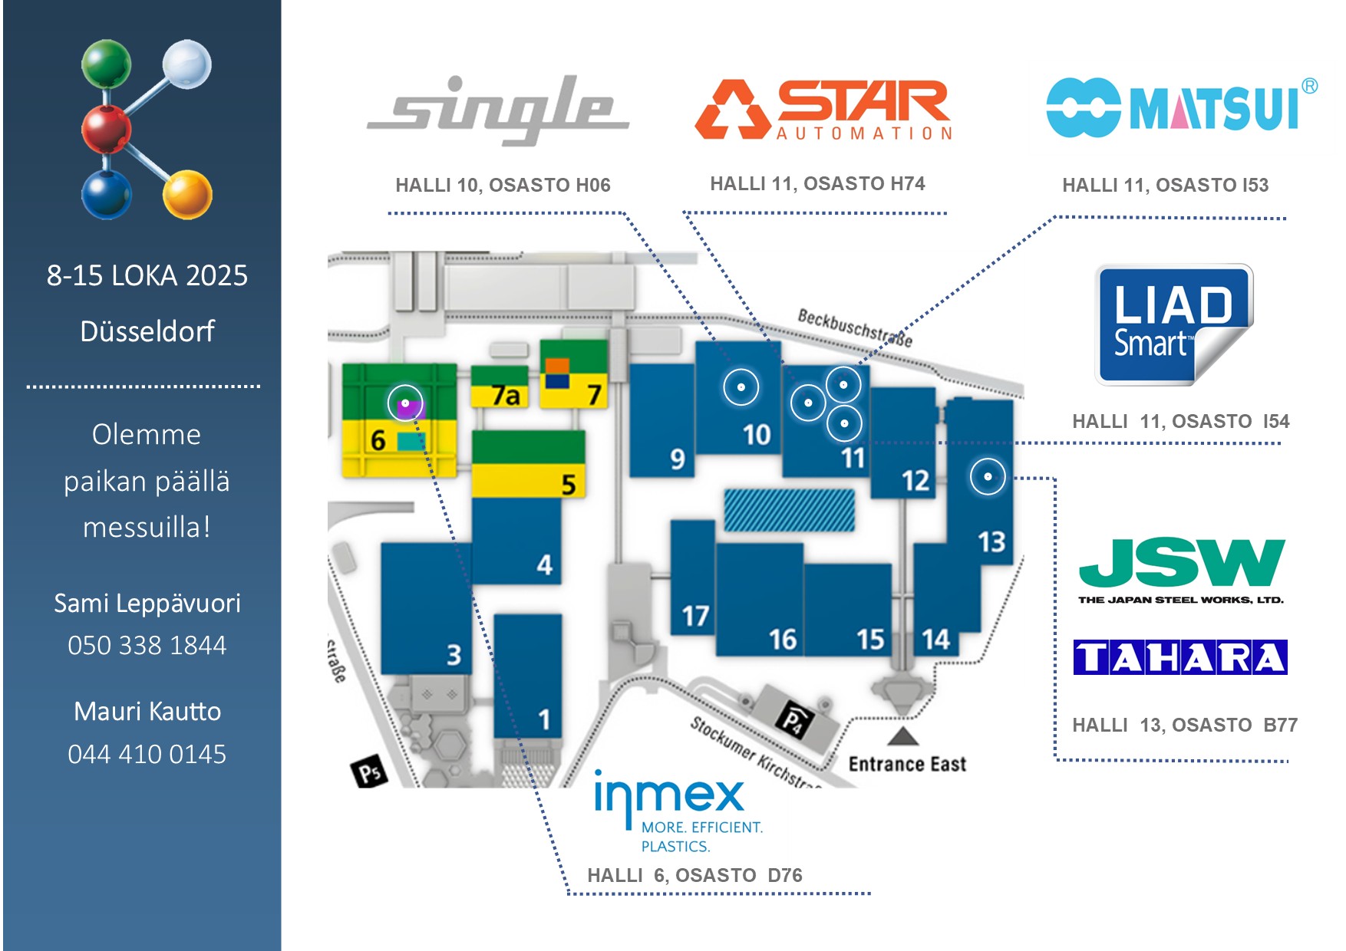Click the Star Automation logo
[823, 110]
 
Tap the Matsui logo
[1180, 107]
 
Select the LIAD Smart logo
[1173, 324]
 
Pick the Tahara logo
[1179, 657]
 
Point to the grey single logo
[500, 110]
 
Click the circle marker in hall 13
[988, 476]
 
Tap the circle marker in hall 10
[741, 387]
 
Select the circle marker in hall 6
[405, 403]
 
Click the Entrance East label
[907, 764]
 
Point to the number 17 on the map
[695, 616]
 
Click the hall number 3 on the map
[454, 655]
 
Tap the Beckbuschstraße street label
[855, 327]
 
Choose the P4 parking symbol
[793, 721]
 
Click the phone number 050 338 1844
[147, 645]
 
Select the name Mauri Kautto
[147, 711]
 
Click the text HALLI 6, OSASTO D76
[694, 875]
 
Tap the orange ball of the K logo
[187, 193]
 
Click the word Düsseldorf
[147, 331]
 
